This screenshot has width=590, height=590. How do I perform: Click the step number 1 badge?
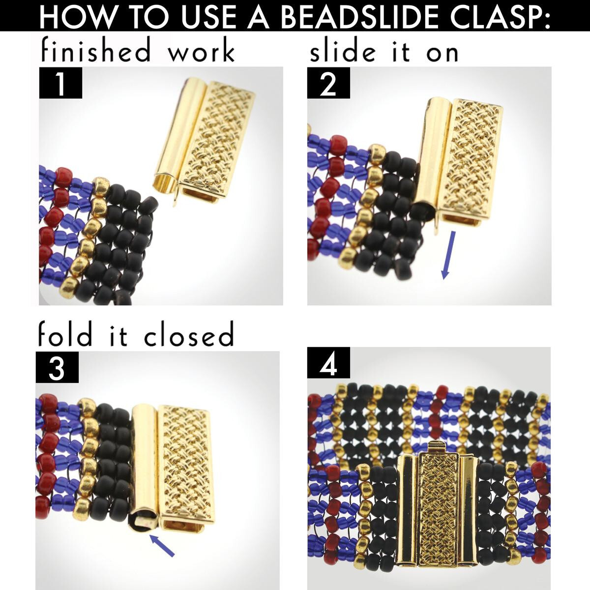[60, 83]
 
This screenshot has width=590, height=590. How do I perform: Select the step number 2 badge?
[328, 83]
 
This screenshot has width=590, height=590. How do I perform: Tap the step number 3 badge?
[57, 367]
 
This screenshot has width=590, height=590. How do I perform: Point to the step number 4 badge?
[328, 362]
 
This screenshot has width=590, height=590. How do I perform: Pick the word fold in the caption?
[65, 334]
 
